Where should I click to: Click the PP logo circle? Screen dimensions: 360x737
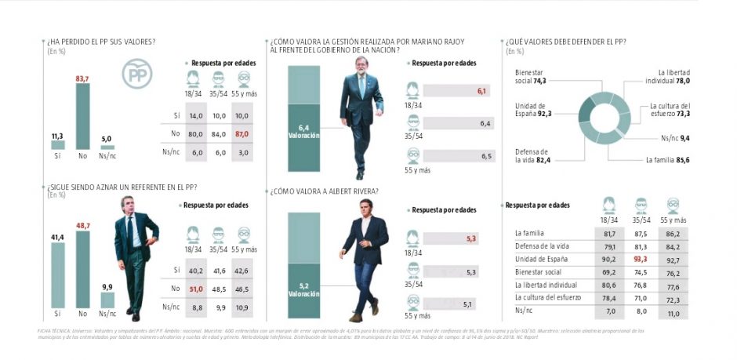tap(136, 75)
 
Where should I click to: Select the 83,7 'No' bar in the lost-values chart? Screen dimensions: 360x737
tap(82, 116)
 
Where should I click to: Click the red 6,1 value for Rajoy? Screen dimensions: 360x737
tap(482, 92)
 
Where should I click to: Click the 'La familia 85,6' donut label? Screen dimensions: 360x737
tap(670, 160)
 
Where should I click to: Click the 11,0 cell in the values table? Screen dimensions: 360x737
tap(672, 312)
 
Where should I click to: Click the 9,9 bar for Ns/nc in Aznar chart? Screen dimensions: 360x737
tap(107, 300)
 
